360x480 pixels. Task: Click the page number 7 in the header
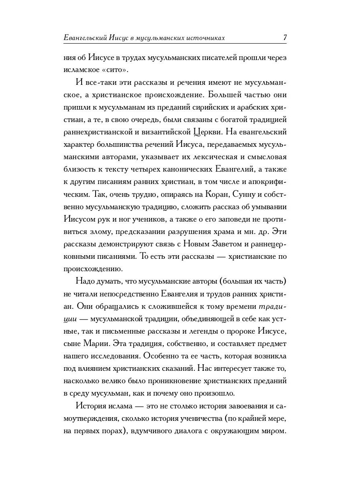tap(284, 38)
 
